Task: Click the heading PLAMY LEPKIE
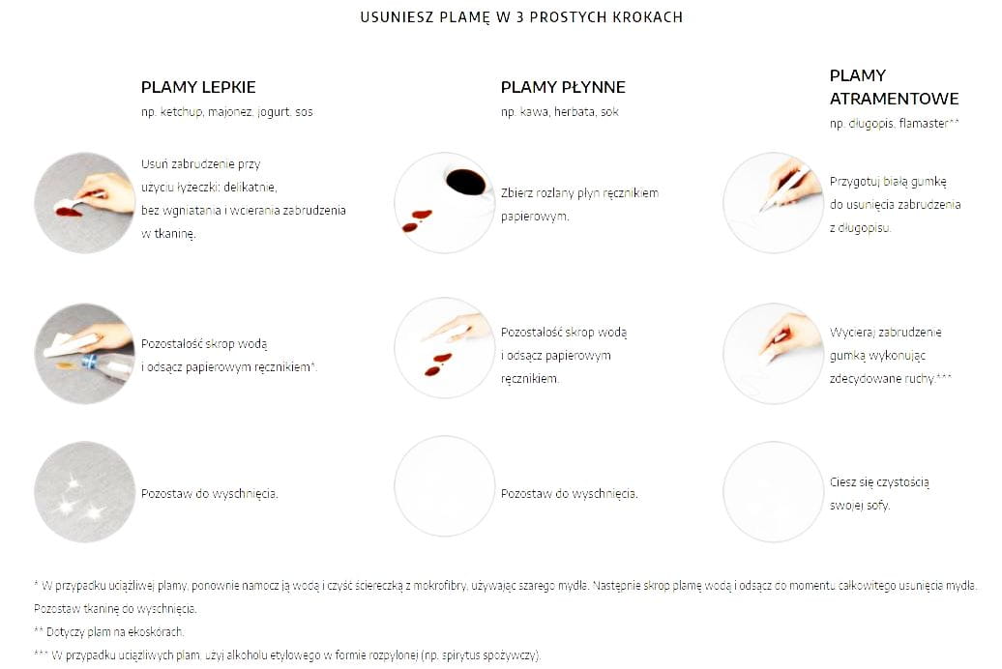[x=198, y=87]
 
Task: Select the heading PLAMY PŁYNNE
[x=563, y=87]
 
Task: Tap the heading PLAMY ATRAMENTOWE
[x=894, y=87]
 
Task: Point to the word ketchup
[x=181, y=112]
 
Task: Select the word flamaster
[x=923, y=124]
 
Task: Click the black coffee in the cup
[x=465, y=182]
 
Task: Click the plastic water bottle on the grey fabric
[x=105, y=366]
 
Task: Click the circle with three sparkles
[x=84, y=492]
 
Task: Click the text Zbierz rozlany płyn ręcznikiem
[x=579, y=193]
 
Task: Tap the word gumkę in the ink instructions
[x=928, y=182]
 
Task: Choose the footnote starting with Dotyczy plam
[x=109, y=632]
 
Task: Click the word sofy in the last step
[x=878, y=506]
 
